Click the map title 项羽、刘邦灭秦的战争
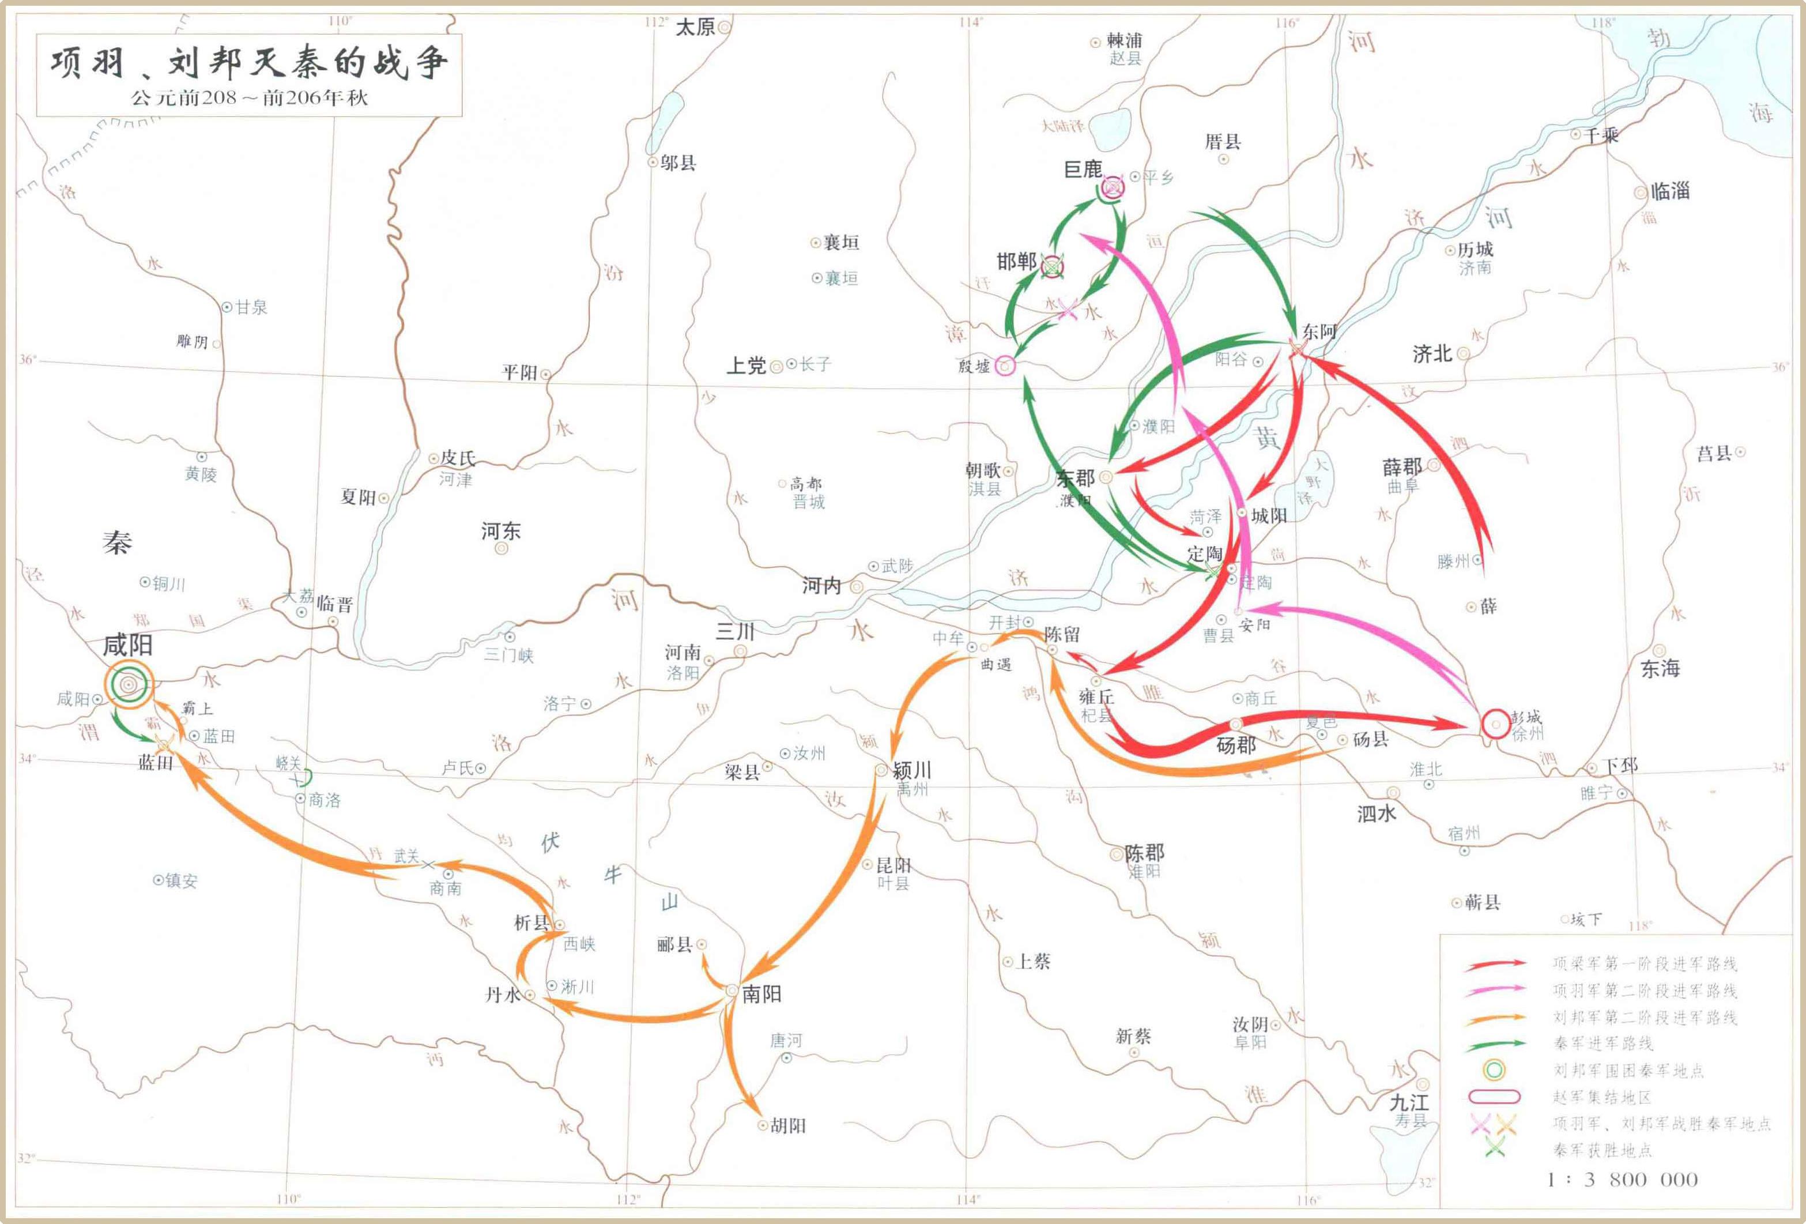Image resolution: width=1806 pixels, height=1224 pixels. click(248, 63)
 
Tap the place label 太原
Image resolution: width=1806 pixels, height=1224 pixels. click(695, 27)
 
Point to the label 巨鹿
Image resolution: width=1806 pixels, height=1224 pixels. click(1083, 170)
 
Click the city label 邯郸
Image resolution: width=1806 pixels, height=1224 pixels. click(1016, 262)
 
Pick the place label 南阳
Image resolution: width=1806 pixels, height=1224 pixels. click(761, 994)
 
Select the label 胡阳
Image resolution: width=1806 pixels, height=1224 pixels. click(788, 1125)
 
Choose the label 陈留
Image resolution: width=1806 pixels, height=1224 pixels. click(1062, 634)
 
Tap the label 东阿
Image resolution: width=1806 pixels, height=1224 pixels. click(1319, 332)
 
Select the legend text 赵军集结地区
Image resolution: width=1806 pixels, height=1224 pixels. click(1603, 1097)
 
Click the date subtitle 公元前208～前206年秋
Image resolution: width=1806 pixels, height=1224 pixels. click(248, 98)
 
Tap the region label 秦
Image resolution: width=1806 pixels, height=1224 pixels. click(118, 543)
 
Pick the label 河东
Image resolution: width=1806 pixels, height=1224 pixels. click(500, 532)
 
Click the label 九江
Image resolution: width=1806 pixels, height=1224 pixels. click(1409, 1102)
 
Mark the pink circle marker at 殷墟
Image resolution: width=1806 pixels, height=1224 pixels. click(1005, 366)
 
